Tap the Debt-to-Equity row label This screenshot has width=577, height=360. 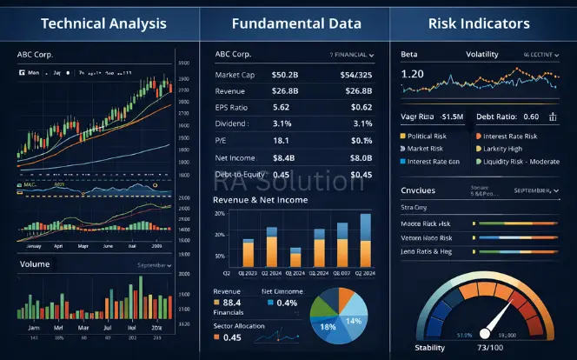point(242,174)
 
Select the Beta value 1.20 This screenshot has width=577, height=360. point(413,75)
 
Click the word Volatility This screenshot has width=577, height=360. point(481,55)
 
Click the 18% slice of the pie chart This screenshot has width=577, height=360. point(328,325)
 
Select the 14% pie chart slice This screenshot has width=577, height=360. point(353,320)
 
